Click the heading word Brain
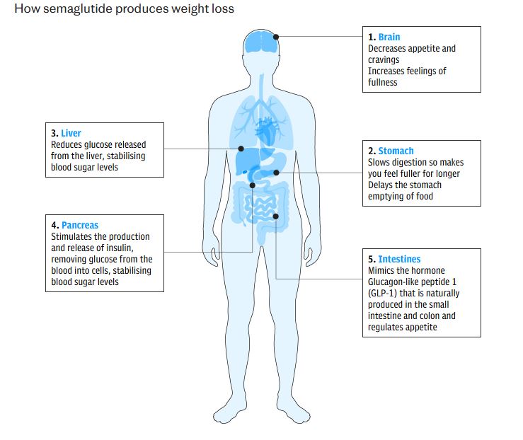(x=389, y=37)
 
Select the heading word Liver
(x=71, y=133)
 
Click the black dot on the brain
(x=277, y=37)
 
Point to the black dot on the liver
(x=241, y=149)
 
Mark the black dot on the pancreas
(x=252, y=186)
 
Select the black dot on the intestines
(x=276, y=216)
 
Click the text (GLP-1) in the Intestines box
(x=383, y=293)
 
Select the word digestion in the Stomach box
(x=413, y=162)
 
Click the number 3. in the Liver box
(x=54, y=133)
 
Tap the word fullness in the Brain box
(x=383, y=82)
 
